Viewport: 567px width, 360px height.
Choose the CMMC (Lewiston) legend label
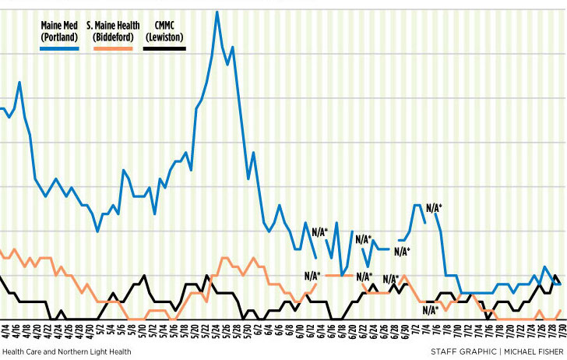point(164,31)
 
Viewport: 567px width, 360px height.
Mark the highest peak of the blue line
point(217,12)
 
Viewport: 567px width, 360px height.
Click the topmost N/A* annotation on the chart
point(433,207)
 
